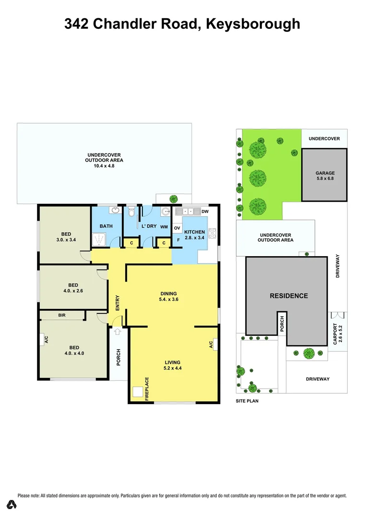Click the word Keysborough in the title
click(x=253, y=24)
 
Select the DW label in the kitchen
click(x=205, y=211)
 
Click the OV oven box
click(x=177, y=228)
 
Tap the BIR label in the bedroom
click(x=61, y=315)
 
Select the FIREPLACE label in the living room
click(x=147, y=389)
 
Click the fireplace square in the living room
click(x=138, y=393)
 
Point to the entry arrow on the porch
click(x=118, y=331)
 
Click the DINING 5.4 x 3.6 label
click(x=169, y=297)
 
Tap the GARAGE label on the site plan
click(x=325, y=175)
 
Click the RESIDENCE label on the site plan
click(x=288, y=296)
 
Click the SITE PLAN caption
click(x=247, y=400)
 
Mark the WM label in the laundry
click(x=164, y=226)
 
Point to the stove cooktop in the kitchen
click(x=213, y=235)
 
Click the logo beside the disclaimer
click(x=12, y=505)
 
